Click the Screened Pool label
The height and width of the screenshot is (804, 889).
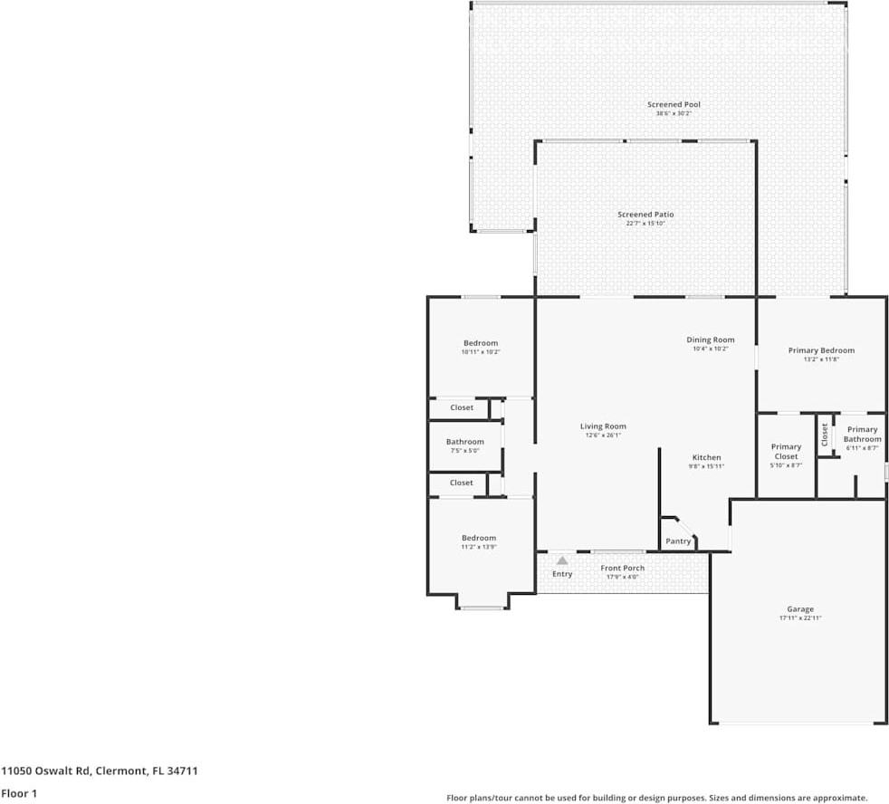674,105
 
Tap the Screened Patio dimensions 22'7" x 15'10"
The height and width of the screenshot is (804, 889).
645,223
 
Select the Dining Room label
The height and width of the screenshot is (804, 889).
710,340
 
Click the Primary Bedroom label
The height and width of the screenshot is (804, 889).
821,350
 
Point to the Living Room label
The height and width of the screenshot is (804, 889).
603,426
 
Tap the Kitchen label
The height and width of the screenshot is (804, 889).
707,457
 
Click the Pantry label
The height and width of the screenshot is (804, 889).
678,541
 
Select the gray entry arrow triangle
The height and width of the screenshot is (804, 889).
562,561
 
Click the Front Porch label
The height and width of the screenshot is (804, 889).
623,568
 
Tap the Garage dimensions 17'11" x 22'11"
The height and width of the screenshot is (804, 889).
799,617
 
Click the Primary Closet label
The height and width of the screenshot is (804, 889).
786,451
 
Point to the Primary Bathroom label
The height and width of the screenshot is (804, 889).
862,435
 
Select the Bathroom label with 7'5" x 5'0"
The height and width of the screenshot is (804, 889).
464,442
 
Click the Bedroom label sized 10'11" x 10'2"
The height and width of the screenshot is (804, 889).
481,343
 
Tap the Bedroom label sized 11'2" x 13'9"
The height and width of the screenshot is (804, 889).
479,538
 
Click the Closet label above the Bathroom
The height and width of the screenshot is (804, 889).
462,408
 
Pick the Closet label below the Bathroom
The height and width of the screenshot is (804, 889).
461,483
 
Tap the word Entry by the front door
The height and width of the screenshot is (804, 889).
562,574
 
